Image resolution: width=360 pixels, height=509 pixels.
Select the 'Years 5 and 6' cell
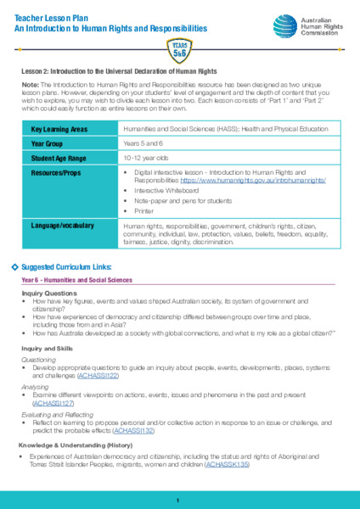(x=143, y=143)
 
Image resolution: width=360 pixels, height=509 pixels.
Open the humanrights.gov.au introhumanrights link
(x=271, y=180)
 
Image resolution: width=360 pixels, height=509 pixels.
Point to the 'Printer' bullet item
(x=145, y=210)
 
